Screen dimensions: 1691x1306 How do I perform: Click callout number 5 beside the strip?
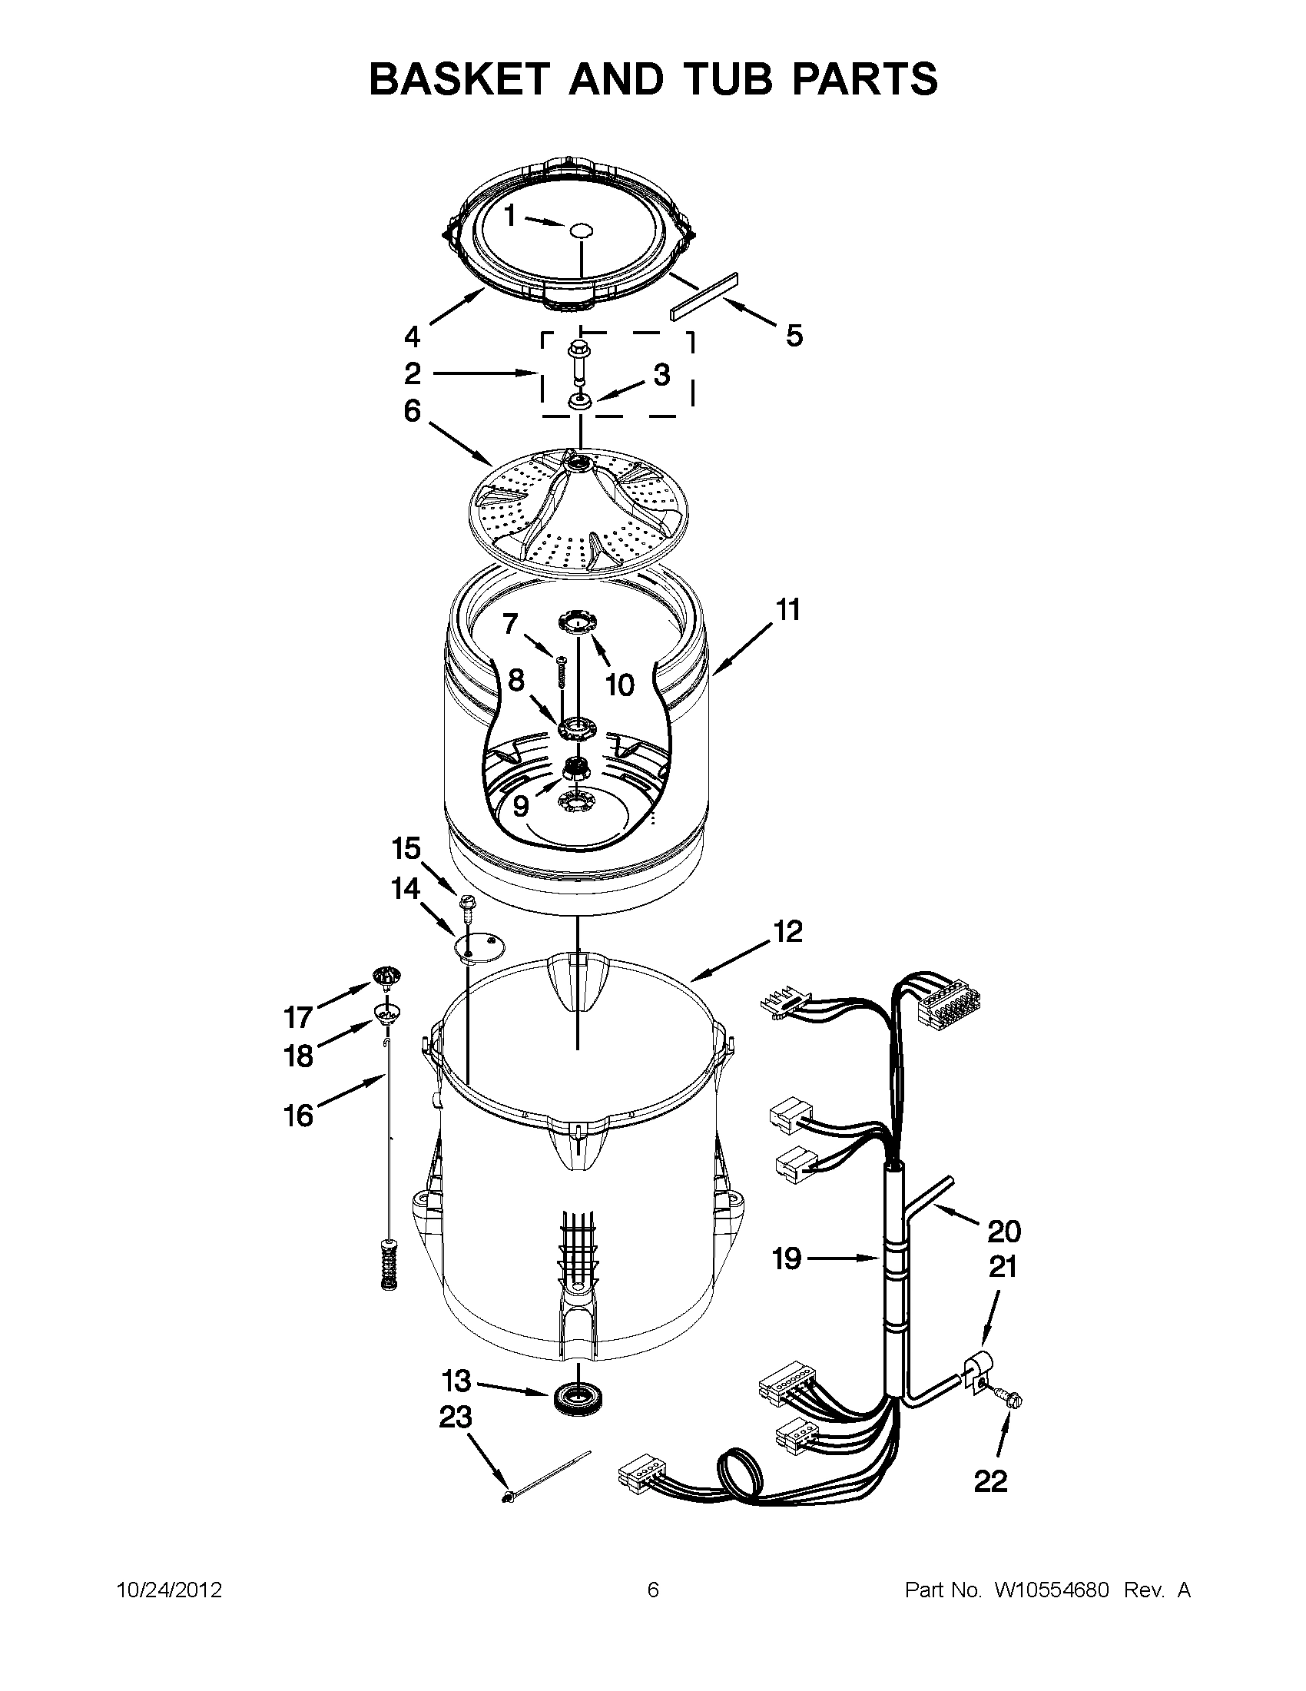[x=794, y=336]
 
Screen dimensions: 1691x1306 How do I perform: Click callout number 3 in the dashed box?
[x=661, y=375]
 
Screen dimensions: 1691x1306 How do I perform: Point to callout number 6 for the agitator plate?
[x=413, y=411]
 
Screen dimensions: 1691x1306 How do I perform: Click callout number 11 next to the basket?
[x=788, y=611]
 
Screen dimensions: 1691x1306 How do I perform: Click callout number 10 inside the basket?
[x=619, y=685]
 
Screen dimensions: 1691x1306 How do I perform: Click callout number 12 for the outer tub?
[x=787, y=931]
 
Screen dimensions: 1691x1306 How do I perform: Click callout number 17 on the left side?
[x=299, y=1016]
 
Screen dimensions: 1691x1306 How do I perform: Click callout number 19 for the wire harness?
[x=787, y=1259]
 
